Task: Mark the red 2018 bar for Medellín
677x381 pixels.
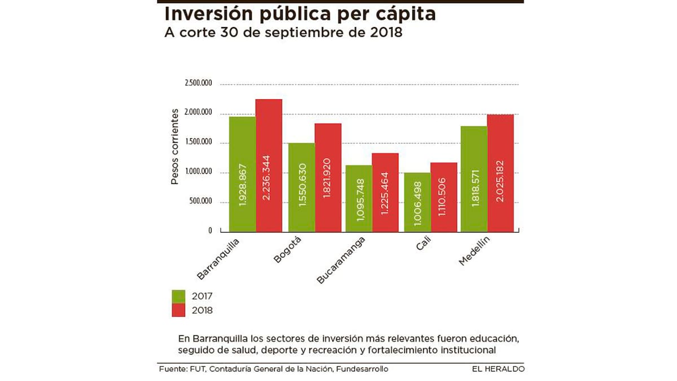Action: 500,173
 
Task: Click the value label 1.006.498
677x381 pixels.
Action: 418,203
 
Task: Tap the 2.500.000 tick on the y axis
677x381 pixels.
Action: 198,84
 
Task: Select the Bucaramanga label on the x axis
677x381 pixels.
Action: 342,260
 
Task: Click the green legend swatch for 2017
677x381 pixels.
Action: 178,296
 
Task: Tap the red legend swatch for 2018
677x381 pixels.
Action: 178,310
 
